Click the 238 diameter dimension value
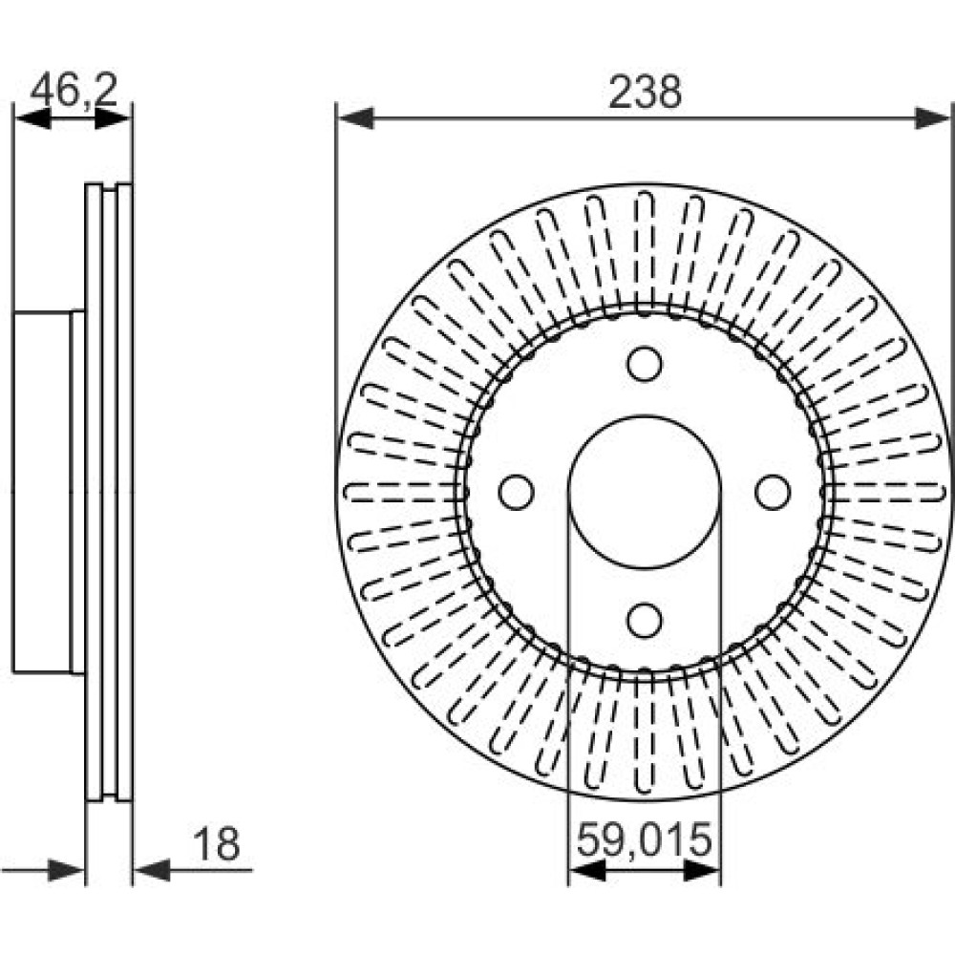click(645, 93)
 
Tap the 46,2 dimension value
click(74, 91)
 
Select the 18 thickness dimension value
click(216, 844)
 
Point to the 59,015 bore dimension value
click(645, 839)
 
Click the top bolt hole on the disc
click(645, 364)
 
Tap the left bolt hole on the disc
click(517, 492)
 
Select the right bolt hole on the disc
click(773, 492)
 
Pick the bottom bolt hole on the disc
click(645, 620)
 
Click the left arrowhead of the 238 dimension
click(355, 118)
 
